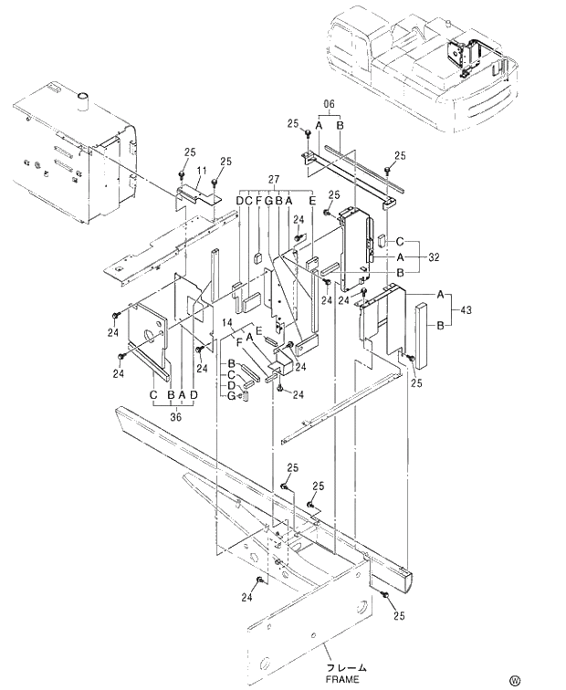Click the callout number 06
pos(329,103)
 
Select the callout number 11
pos(201,170)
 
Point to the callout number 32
pos(433,258)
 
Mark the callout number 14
pos(227,324)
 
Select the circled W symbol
pos(540,679)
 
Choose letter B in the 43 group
pos(441,325)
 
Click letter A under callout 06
pos(319,125)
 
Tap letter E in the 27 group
pos(311,201)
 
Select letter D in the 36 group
pos(194,395)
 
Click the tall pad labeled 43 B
pos(421,331)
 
